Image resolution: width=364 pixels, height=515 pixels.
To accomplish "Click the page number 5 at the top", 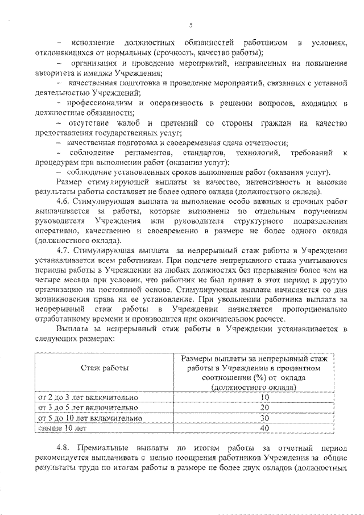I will click(192, 24).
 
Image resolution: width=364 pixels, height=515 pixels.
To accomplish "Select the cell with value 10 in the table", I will click(263, 397).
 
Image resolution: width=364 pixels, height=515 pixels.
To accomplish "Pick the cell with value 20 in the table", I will click(263, 407).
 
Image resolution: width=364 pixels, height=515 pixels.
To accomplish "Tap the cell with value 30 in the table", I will click(263, 418).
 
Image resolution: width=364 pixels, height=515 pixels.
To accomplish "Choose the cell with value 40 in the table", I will click(263, 428).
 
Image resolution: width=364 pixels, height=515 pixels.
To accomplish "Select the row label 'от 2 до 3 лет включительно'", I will click(88, 397).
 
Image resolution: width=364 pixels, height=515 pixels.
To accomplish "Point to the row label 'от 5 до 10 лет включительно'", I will click(89, 418).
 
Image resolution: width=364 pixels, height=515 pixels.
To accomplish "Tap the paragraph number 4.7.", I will click(64, 250).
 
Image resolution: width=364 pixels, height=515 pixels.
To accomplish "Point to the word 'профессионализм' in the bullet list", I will click(101, 102).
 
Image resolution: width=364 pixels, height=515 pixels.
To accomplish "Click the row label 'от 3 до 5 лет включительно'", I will click(88, 407).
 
